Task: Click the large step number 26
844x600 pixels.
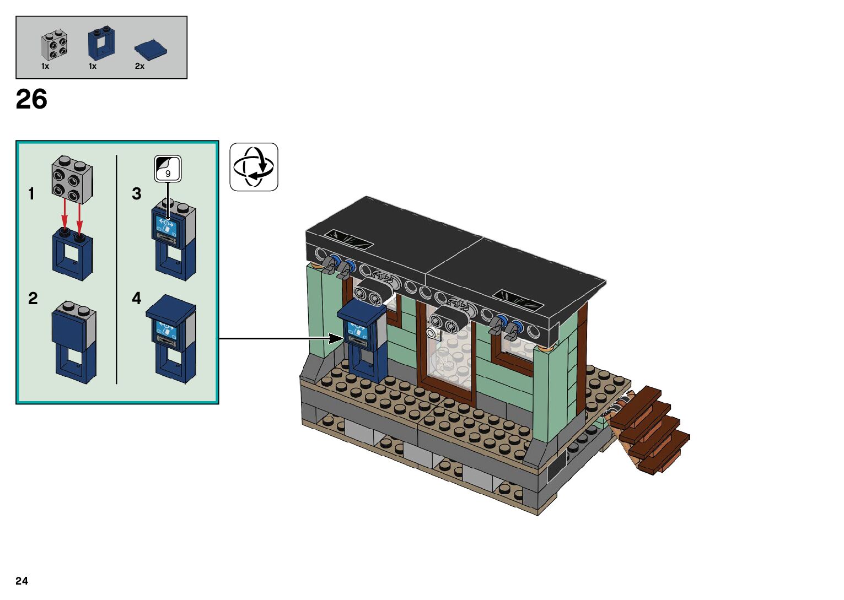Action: pos(31,100)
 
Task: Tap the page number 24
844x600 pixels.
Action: pos(21,581)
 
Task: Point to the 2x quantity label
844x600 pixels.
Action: pos(139,66)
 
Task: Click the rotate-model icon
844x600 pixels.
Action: pos(254,167)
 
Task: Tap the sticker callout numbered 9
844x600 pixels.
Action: pos(168,168)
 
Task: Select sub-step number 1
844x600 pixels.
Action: pos(31,194)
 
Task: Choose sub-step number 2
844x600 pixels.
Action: pos(33,299)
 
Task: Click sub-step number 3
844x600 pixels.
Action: pos(137,194)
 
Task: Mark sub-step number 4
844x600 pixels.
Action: pos(137,299)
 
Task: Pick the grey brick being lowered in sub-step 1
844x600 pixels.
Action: pos(73,177)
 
